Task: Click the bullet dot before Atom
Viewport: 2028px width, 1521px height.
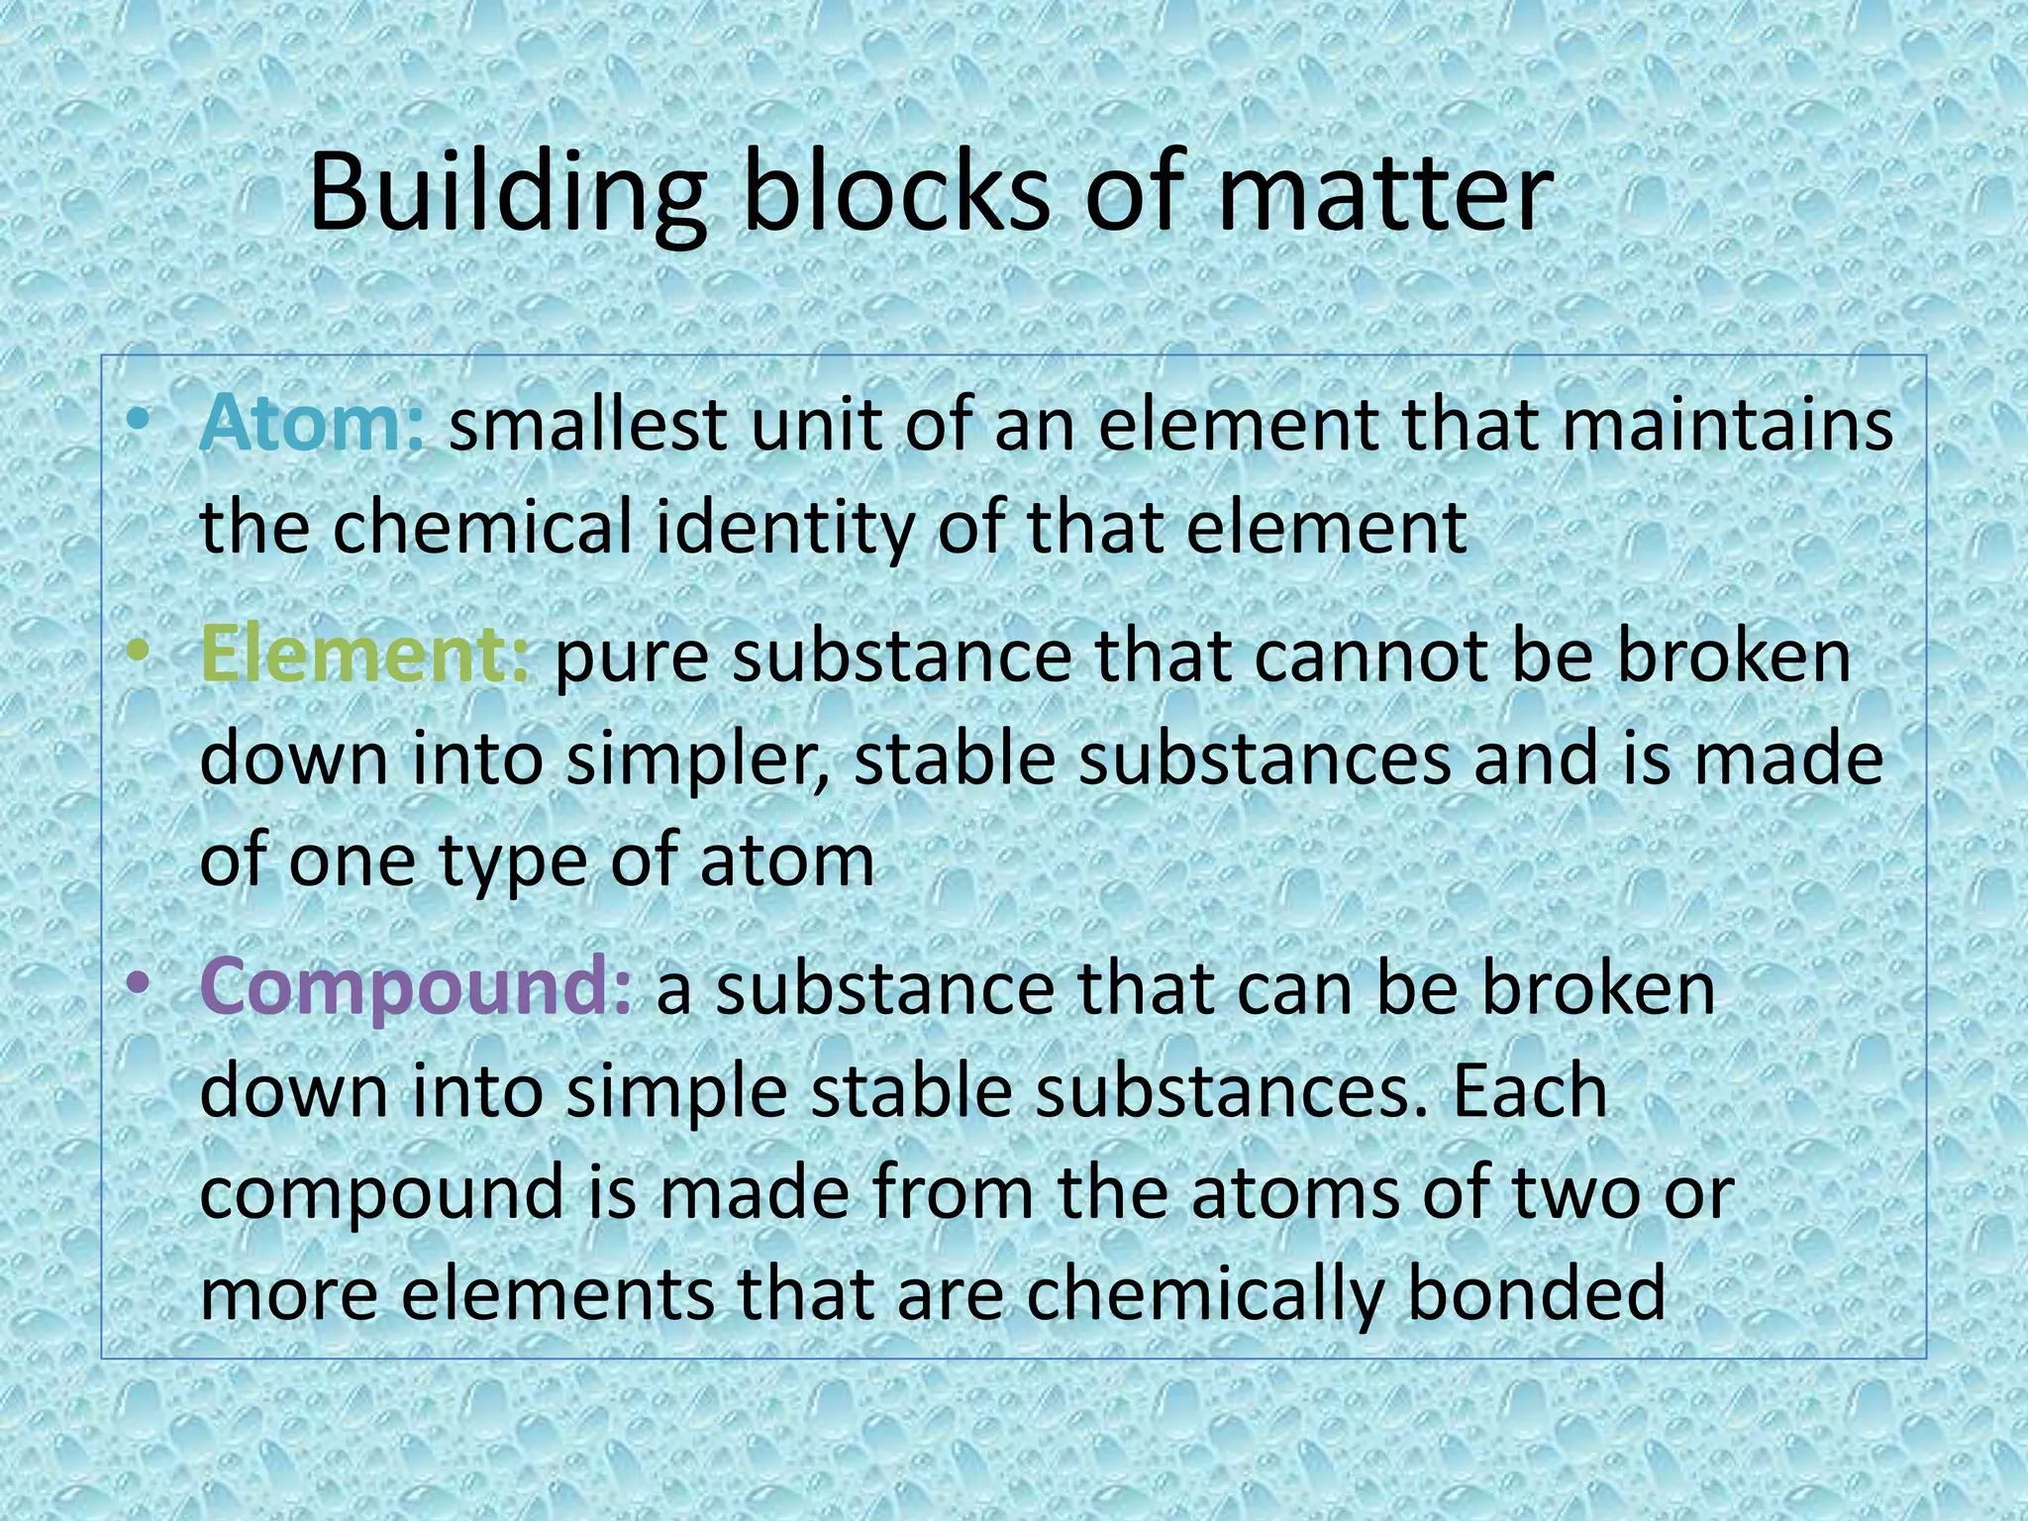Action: [x=140, y=422]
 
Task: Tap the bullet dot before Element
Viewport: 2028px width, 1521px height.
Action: [x=140, y=654]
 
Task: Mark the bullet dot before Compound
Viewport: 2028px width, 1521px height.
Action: [x=140, y=984]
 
